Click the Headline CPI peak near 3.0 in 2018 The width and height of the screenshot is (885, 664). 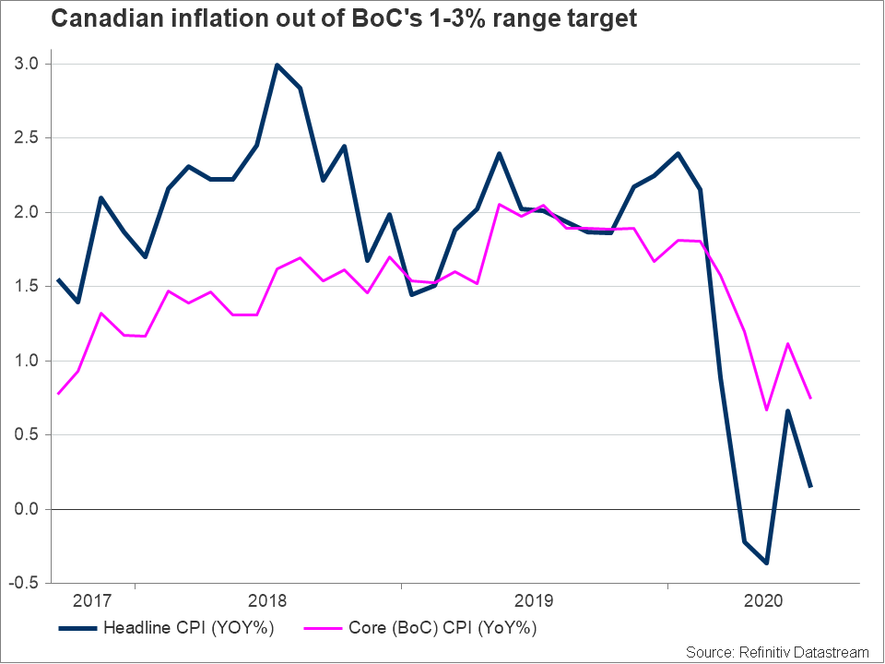pyautogui.click(x=277, y=65)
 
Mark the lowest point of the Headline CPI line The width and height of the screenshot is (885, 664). pyautogui.click(x=766, y=563)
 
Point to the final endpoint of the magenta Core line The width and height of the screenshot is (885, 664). pyautogui.click(x=811, y=398)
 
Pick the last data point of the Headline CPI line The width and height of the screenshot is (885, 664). pyautogui.click(x=811, y=487)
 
